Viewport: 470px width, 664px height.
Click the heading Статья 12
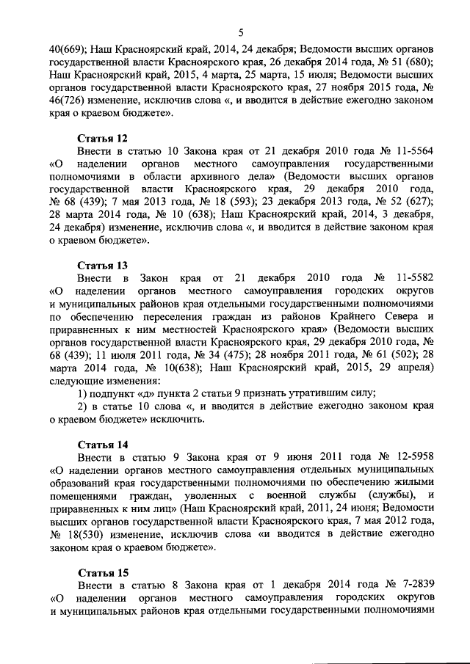[103, 137]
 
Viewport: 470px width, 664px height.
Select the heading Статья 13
[103, 265]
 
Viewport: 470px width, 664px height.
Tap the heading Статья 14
[103, 444]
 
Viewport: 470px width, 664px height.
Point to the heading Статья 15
[103, 572]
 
